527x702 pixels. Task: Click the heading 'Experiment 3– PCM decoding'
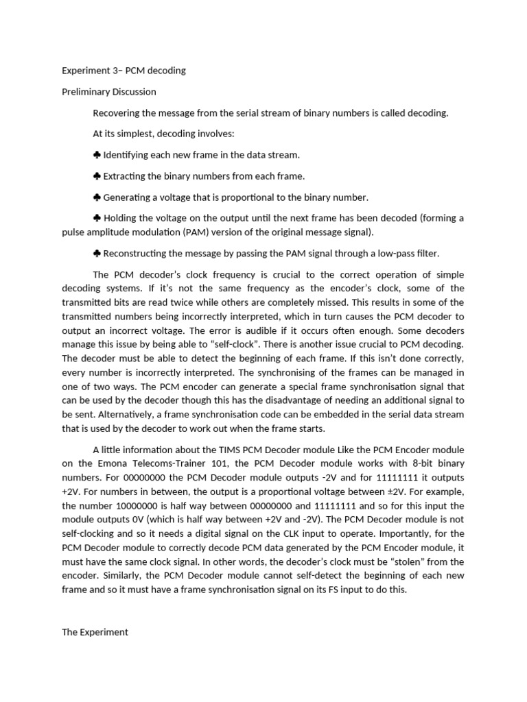pyautogui.click(x=124, y=71)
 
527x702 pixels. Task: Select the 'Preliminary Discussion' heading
pyautogui.click(x=109, y=92)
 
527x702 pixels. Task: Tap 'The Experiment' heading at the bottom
pyautogui.click(x=95, y=632)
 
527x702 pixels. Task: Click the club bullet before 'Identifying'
pyautogui.click(x=97, y=156)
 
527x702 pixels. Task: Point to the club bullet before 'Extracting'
pyautogui.click(x=97, y=177)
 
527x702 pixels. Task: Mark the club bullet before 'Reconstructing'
pyautogui.click(x=97, y=254)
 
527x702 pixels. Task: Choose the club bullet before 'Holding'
pyautogui.click(x=97, y=219)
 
